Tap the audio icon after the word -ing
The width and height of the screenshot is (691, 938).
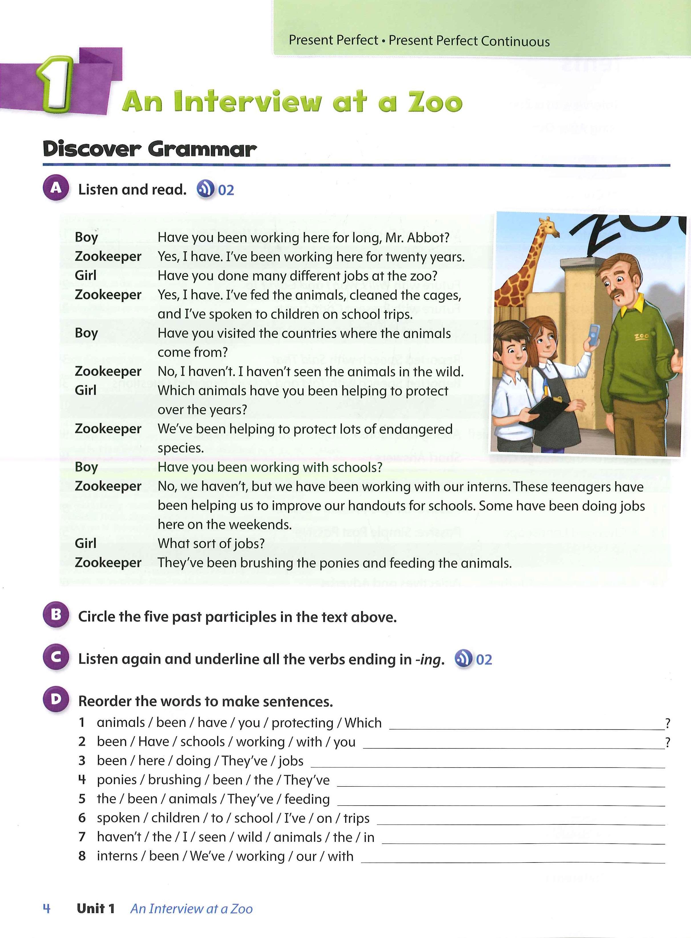(463, 659)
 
